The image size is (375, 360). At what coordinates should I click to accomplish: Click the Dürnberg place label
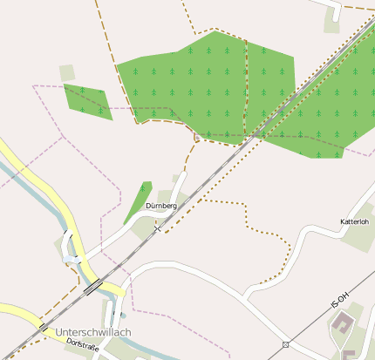pos(161,206)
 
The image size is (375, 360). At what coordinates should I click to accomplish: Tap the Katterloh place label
pos(354,223)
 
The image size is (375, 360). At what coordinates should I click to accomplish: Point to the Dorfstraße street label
pos(83,346)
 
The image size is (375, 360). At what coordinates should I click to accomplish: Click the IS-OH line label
pos(340,302)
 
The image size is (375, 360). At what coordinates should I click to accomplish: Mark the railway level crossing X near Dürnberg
pos(157,228)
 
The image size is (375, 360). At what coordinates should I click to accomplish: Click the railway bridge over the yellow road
pos(92,285)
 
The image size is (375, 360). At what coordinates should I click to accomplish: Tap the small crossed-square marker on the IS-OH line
pos(285,344)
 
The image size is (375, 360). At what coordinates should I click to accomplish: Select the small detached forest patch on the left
pos(88,100)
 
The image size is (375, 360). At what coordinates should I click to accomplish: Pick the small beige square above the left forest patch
pos(67,72)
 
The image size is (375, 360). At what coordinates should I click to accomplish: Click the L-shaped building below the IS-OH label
pos(342,325)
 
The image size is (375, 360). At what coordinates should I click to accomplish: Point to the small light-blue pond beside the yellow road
pos(72,259)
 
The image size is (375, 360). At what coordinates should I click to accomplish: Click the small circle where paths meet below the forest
pos(197,137)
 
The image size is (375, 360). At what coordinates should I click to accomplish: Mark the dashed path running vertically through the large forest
pos(245,87)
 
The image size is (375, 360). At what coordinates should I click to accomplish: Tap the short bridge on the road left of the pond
pos(65,260)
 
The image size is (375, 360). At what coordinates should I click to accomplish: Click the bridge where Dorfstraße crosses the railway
pos(42,326)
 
